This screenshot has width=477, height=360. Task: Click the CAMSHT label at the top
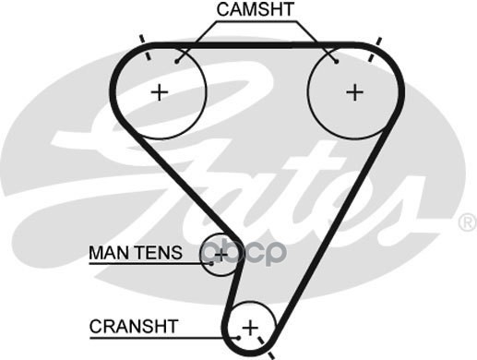[256, 9]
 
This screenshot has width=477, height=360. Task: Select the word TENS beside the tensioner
[159, 253]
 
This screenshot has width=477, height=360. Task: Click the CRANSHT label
[134, 327]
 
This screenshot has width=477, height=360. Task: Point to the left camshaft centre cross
[160, 92]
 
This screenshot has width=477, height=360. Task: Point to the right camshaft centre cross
[354, 92]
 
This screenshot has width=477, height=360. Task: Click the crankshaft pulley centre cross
[250, 328]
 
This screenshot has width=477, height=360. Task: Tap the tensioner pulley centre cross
[221, 255]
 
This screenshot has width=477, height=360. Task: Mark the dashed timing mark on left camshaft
[145, 48]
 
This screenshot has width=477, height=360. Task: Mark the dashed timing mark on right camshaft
[375, 49]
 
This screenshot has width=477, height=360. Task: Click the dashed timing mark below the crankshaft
[266, 348]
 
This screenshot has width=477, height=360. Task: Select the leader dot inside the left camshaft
[177, 62]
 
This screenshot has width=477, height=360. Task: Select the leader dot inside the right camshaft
[337, 62]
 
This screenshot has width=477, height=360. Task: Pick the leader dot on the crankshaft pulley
[238, 338]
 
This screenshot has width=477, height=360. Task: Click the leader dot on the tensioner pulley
[211, 263]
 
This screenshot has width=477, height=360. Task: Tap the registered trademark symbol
[468, 222]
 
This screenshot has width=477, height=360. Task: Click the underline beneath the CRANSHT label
[163, 339]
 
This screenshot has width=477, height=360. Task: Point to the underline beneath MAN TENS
[149, 264]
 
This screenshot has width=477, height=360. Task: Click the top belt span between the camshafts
[256, 46]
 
